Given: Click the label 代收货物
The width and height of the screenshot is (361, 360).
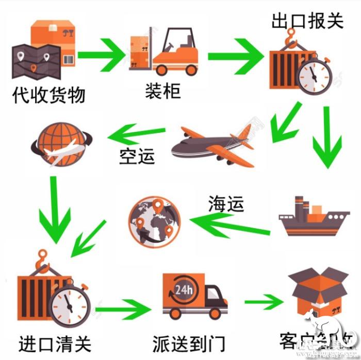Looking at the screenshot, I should point(48,95).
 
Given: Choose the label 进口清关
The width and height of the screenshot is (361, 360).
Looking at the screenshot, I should point(55,342).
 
